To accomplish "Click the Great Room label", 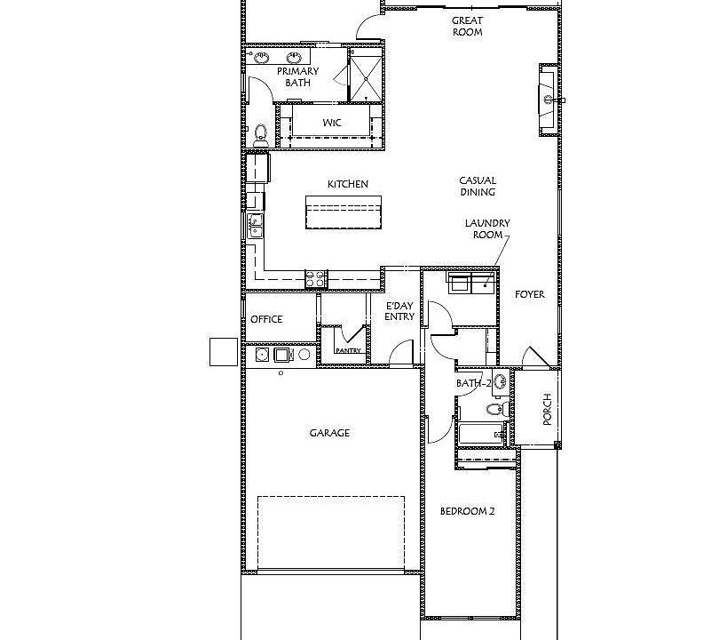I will point(467,27).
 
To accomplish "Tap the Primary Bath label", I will point(297,76).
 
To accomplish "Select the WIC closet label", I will point(332,122).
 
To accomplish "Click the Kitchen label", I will point(347,184).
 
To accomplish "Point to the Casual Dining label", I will point(478,186).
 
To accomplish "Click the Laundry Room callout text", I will point(487,229).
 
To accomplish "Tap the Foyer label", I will point(530,294).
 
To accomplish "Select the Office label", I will point(266,319).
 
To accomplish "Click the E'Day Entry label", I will point(399,310).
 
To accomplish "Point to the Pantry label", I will point(346,350).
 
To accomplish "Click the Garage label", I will point(329,433).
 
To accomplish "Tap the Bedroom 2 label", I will point(468,511).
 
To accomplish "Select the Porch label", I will point(547,409).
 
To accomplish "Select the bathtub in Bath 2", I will point(480,435).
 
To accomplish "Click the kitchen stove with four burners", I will point(316,279).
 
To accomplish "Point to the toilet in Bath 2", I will point(494,409).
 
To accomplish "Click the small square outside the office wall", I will point(223,352).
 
